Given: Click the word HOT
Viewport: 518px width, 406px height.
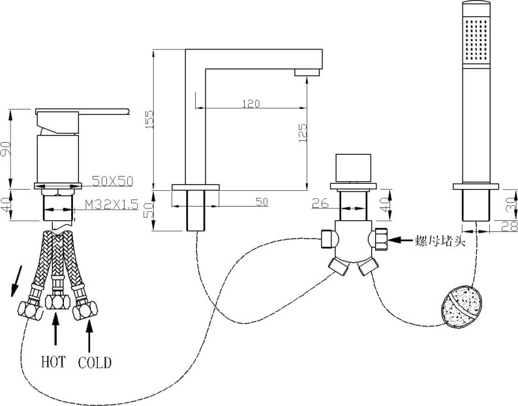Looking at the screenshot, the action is point(53,362).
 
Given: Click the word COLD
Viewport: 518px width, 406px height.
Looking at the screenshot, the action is point(95,363).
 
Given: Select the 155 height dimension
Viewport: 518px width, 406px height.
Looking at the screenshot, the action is point(149,119).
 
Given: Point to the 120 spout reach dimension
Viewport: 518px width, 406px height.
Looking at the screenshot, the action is point(251,104).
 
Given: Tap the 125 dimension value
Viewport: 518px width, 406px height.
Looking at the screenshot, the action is point(303,133).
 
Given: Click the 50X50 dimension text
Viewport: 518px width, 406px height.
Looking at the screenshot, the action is point(112,181).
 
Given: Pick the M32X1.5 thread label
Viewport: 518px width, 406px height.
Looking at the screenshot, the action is point(112,205).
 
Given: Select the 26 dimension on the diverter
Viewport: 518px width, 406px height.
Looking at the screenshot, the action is point(320,203).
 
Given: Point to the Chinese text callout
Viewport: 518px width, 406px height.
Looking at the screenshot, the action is point(440,241).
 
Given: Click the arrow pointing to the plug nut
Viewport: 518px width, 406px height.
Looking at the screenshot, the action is point(400,240).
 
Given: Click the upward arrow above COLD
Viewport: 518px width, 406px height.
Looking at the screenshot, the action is point(89,335).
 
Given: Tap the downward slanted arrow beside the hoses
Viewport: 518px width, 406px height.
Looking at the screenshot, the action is point(16,282).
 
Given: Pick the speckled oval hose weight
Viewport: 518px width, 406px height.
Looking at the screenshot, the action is point(462,306).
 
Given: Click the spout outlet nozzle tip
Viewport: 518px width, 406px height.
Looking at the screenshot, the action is point(307,72).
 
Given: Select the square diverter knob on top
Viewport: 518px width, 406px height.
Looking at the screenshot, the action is point(353,167).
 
